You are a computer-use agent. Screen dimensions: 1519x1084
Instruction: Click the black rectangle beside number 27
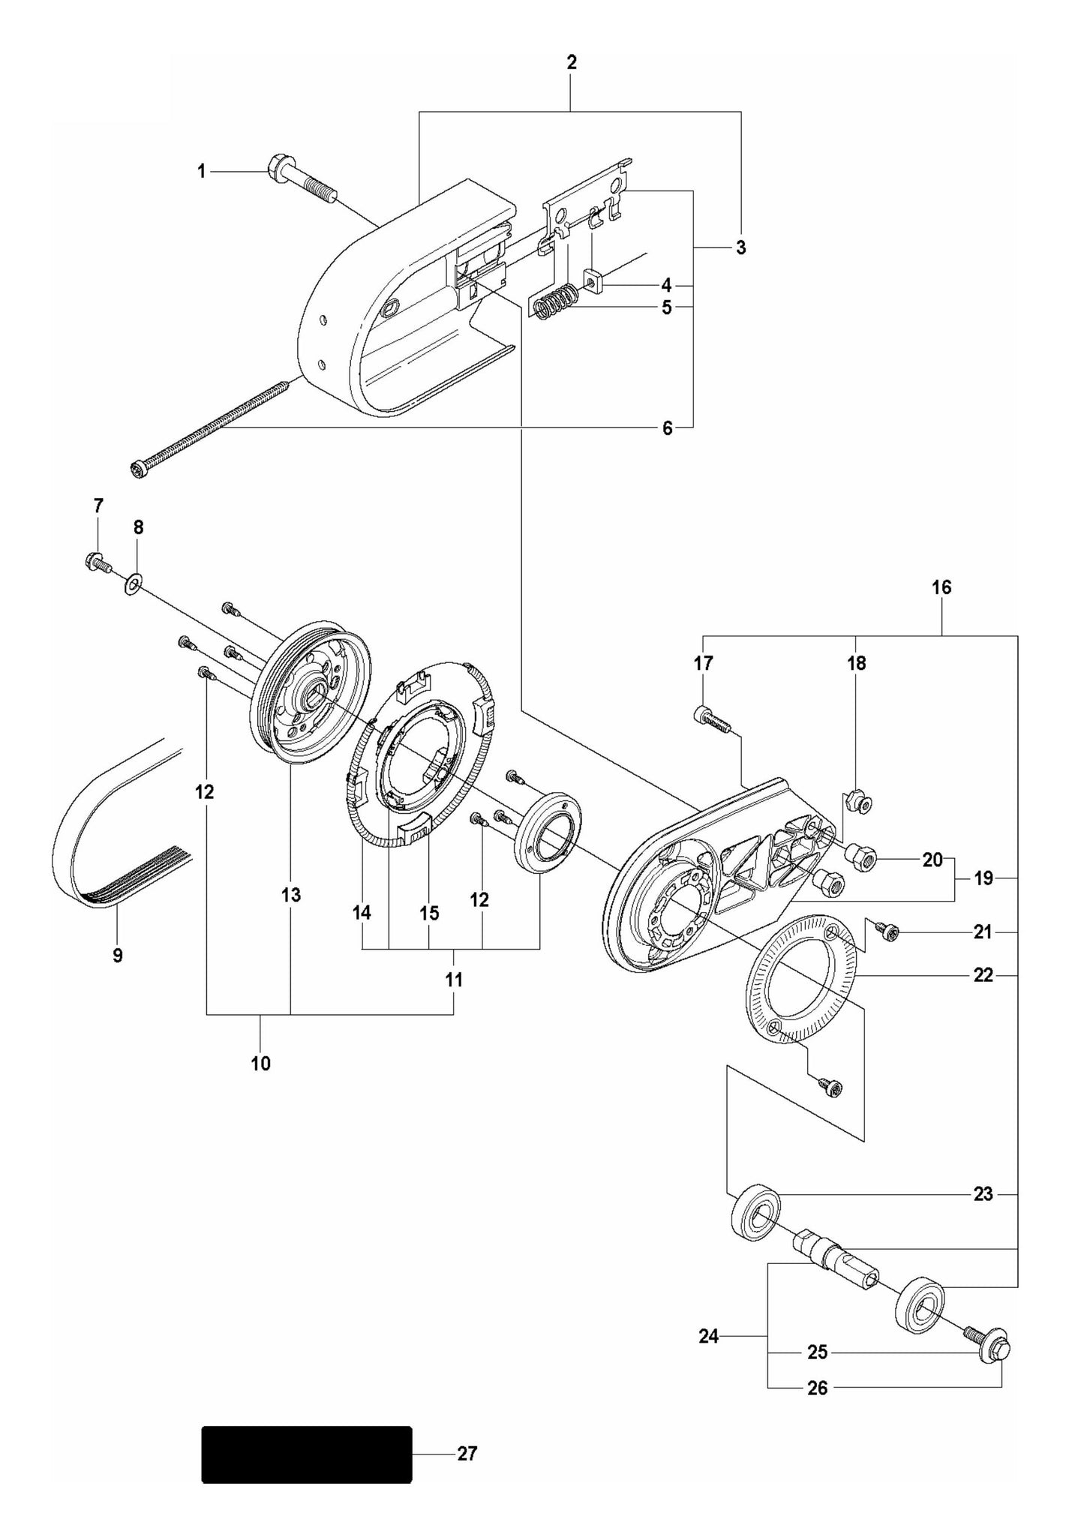[x=307, y=1454]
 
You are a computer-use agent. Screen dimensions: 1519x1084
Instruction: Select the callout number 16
[x=941, y=587]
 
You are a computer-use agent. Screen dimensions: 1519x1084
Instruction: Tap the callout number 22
[x=983, y=974]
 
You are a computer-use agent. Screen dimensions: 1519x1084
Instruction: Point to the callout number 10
[x=260, y=1063]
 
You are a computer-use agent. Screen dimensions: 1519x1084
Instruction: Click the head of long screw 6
[x=138, y=470]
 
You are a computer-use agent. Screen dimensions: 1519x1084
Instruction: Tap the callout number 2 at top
[x=572, y=63]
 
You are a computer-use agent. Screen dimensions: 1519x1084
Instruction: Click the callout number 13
[x=291, y=894]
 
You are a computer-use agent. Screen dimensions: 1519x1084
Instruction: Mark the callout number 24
[x=709, y=1335]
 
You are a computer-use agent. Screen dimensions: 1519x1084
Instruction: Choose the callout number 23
[x=983, y=1193]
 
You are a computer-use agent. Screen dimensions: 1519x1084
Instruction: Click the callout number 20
[x=932, y=860]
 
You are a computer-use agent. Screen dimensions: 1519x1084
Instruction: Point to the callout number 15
[x=428, y=913]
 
